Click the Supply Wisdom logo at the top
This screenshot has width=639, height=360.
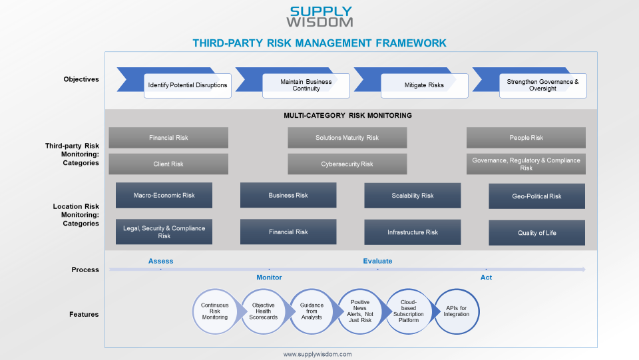point(320,17)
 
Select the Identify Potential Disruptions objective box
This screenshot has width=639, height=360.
point(187,85)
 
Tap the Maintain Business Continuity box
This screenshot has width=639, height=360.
point(306,85)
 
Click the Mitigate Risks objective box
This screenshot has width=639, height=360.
point(424,85)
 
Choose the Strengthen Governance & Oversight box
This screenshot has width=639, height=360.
point(542,85)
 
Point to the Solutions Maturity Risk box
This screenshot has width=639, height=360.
point(347,138)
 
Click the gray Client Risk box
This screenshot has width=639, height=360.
point(168,164)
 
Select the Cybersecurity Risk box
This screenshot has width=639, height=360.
point(347,164)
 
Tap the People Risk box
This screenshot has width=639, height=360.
point(526,138)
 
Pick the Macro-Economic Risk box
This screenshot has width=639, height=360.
point(164,196)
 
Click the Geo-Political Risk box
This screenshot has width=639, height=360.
point(536,196)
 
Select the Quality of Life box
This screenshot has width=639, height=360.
point(536,233)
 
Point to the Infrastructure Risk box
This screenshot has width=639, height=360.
point(412,232)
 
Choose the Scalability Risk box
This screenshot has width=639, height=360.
point(412,196)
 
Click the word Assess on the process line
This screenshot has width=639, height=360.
point(160,262)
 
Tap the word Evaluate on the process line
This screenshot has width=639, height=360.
point(377,262)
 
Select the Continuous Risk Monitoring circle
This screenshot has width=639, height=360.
point(214,311)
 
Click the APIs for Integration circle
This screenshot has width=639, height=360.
point(457,311)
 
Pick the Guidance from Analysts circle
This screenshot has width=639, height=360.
point(312,311)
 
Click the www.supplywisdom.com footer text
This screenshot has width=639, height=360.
point(318,355)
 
